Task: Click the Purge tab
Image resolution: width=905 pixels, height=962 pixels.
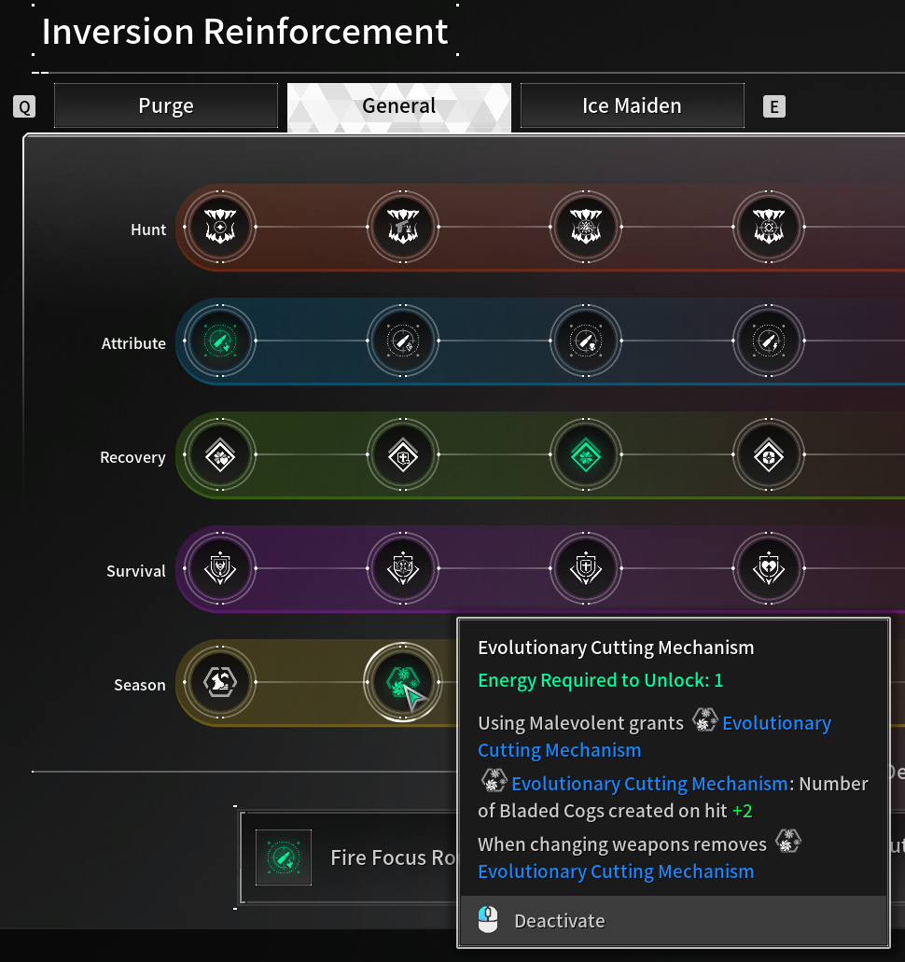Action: (166, 105)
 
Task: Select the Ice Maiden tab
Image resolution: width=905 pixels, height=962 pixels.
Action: (632, 105)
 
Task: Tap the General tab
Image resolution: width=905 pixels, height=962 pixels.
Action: (398, 106)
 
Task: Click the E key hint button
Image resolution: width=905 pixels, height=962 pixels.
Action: (773, 106)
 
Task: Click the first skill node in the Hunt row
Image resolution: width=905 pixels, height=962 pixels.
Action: (220, 227)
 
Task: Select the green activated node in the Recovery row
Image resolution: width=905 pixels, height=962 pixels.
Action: (586, 454)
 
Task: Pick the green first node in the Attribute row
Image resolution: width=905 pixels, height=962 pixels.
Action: (220, 341)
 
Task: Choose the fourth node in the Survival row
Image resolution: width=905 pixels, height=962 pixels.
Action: (769, 568)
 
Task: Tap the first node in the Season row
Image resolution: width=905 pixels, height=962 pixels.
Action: (220, 682)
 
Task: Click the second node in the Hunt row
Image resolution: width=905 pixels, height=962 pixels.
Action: (403, 227)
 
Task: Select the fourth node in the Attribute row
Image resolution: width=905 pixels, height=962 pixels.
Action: (769, 341)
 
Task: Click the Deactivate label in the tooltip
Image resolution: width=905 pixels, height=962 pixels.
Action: (560, 921)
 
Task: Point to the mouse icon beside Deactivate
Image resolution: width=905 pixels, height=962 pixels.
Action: (488, 920)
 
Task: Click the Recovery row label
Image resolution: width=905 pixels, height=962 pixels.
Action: (132, 458)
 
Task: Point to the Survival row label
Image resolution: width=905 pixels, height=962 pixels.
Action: (136, 571)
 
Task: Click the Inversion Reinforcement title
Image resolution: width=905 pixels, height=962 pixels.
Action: (244, 32)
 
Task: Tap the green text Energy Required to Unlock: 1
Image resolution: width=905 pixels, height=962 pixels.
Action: (601, 680)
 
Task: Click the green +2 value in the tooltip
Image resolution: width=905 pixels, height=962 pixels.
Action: (743, 811)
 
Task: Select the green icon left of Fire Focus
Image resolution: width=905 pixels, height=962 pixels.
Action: (284, 857)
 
